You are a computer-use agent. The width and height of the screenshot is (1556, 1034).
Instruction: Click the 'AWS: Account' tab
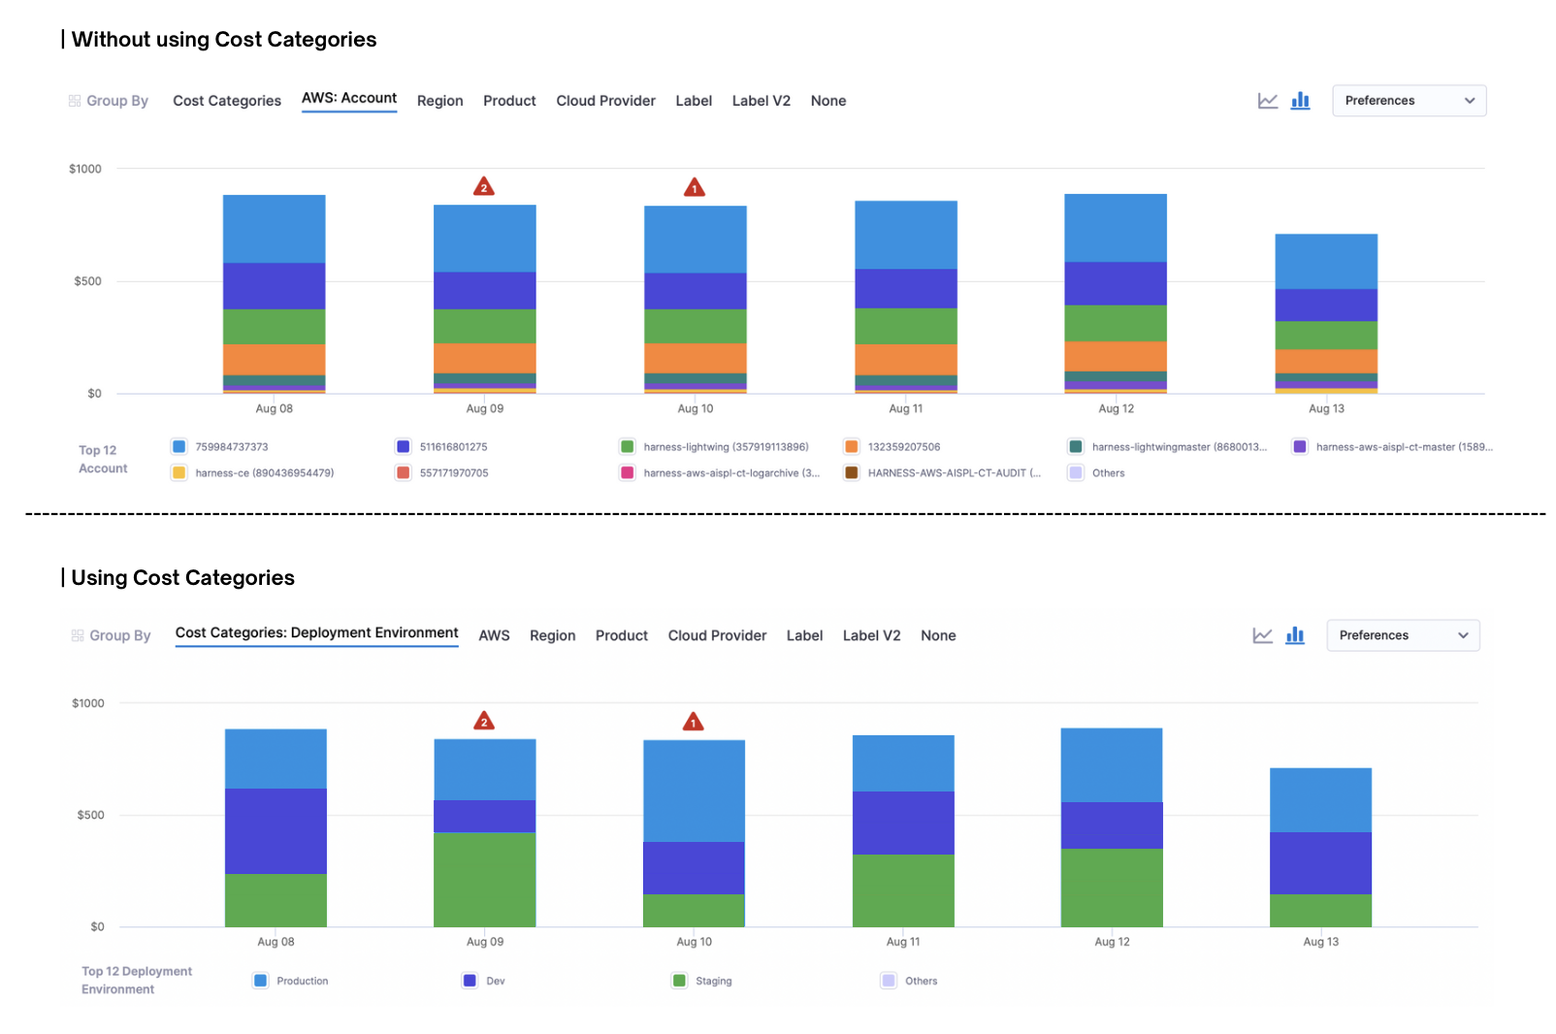(x=349, y=99)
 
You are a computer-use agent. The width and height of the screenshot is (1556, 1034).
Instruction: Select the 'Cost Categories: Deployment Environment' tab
(x=316, y=633)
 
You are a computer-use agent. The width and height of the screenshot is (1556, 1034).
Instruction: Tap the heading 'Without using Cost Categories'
(x=224, y=40)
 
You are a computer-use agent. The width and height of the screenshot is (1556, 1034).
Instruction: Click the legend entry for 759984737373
(x=231, y=447)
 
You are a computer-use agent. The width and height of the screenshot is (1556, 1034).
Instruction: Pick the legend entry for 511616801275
(x=453, y=447)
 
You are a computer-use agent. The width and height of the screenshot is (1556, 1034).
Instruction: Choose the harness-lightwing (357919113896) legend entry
(x=725, y=447)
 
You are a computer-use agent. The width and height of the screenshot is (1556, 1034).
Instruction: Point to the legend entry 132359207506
(x=903, y=447)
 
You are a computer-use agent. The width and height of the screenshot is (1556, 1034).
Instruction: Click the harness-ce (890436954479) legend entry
(x=264, y=473)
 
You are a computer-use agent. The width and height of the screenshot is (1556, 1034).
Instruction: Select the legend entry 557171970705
(x=453, y=473)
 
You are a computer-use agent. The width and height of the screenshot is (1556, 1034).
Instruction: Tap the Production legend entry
(x=302, y=982)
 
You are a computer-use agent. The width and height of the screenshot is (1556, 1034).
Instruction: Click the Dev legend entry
(x=495, y=982)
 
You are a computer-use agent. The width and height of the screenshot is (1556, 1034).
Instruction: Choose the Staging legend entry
(x=713, y=982)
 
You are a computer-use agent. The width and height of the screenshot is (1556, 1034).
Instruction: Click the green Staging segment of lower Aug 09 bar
(x=484, y=879)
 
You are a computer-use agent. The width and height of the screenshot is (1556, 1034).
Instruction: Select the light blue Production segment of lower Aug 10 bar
(x=694, y=791)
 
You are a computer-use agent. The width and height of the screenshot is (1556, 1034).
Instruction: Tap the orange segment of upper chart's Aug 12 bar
(x=1116, y=356)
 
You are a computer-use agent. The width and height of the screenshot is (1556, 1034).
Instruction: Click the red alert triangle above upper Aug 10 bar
(x=695, y=188)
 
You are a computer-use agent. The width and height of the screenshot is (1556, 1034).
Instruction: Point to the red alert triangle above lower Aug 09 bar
(x=484, y=722)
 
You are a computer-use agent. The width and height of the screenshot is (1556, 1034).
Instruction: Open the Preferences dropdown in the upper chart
(x=1409, y=101)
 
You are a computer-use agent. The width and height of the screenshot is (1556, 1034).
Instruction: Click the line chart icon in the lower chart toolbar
(x=1262, y=636)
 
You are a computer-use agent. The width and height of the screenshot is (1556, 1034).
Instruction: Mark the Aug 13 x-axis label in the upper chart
(x=1326, y=409)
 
